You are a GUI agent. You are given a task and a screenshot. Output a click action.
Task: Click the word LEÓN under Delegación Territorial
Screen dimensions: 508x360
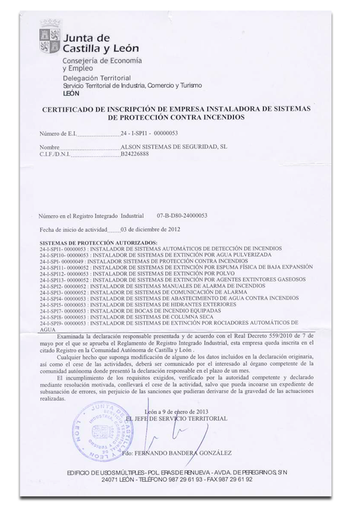(x=71, y=93)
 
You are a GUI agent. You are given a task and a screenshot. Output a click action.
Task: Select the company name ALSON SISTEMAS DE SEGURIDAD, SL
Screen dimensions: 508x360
(x=173, y=147)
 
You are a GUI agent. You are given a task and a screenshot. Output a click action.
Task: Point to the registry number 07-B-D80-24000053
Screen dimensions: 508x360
(x=182, y=215)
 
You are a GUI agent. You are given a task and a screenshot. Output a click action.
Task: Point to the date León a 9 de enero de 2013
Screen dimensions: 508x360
(x=191, y=412)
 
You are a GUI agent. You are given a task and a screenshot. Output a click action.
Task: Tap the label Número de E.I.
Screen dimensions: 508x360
(x=57, y=134)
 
